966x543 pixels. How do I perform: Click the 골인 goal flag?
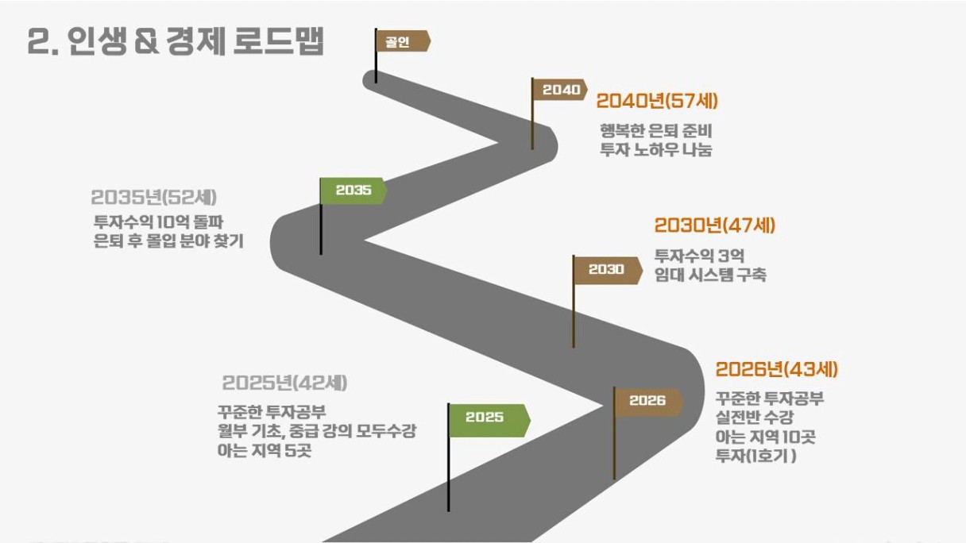[x=403, y=41]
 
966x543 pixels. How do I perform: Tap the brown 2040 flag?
[x=560, y=90]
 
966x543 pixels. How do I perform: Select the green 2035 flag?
[x=354, y=191]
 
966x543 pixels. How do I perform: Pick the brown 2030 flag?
[x=607, y=270]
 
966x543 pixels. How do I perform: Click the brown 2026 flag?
[x=648, y=401]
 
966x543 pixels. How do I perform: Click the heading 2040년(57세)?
[x=657, y=102]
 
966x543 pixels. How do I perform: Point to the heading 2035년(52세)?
[x=153, y=198]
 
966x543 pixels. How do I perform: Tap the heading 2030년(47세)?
[x=715, y=225]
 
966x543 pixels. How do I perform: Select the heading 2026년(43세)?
[x=776, y=370]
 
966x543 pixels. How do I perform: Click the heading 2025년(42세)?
[x=284, y=383]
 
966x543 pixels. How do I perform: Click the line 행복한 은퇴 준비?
[x=656, y=130]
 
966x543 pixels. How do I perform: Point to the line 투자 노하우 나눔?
[x=656, y=149]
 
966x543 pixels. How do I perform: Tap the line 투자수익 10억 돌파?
[x=158, y=222]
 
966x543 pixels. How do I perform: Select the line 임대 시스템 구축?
[x=710, y=275]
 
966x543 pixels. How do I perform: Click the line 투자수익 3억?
[x=699, y=256]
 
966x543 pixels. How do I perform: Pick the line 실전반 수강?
[x=754, y=417]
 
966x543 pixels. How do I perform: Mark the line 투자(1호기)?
[x=756, y=456]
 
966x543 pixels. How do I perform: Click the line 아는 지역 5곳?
[x=265, y=451]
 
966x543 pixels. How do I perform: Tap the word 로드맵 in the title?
[x=278, y=41]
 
